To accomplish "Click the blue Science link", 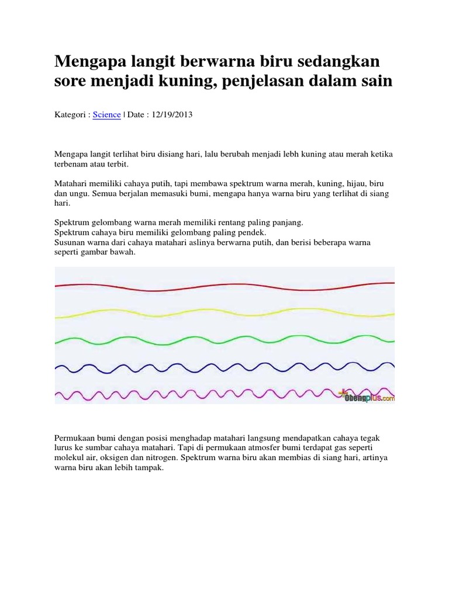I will pyautogui.click(x=106, y=116).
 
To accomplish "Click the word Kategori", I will pyautogui.click(x=71, y=116).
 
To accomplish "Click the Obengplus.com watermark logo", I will pyautogui.click(x=365, y=397).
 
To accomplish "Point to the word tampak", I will pyautogui.click(x=151, y=468).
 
